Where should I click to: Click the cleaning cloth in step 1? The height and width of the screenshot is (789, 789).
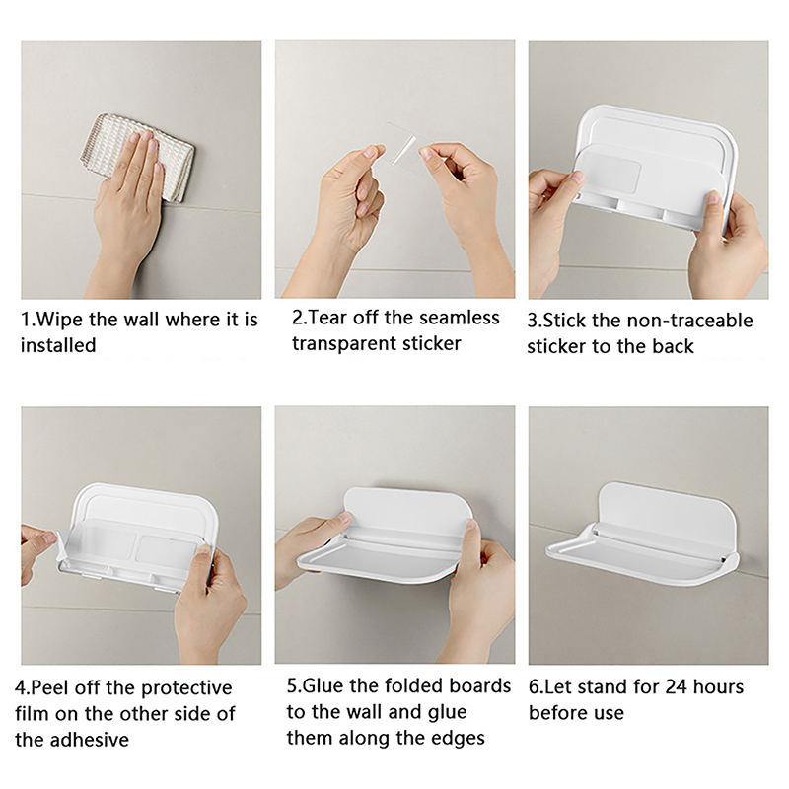(x=136, y=156)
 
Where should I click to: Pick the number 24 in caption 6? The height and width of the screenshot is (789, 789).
(x=676, y=686)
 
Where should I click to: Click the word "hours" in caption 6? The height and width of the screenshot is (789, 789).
(x=718, y=686)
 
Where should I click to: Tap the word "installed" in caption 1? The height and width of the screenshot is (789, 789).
(x=58, y=346)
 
